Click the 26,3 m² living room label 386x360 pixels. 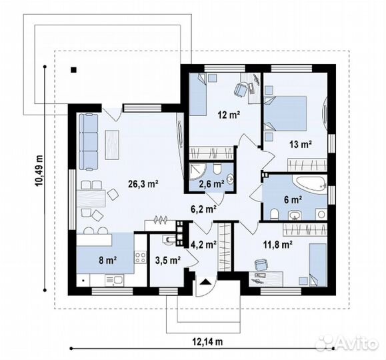(143, 184)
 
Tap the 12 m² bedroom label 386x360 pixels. (229, 115)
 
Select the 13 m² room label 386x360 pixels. (301, 144)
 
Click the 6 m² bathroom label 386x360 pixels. (293, 200)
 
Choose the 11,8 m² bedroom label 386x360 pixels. (278, 245)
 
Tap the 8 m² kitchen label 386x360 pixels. (107, 260)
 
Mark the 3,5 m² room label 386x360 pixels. (168, 260)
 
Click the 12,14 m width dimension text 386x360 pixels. (207, 342)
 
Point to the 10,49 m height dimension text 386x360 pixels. (39, 171)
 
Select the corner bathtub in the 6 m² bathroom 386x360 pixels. (311, 183)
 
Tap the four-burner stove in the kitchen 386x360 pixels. (140, 257)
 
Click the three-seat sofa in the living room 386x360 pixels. (89, 141)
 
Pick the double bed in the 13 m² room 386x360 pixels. (285, 113)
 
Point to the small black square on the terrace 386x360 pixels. (73, 70)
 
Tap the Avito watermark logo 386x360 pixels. (347, 343)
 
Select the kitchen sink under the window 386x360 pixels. (114, 280)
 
